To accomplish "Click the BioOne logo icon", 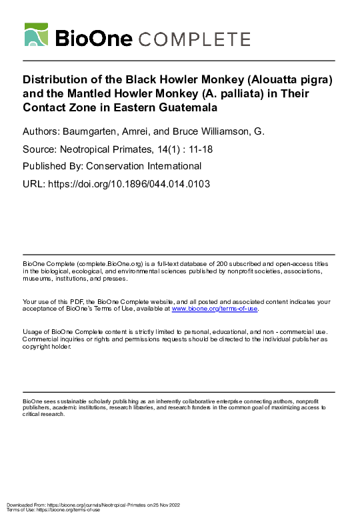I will pos(36,34).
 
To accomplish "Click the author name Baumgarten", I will pos(93,132).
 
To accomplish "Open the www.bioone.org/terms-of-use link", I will pos(214,309).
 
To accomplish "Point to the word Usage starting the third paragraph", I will pos(32,331).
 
